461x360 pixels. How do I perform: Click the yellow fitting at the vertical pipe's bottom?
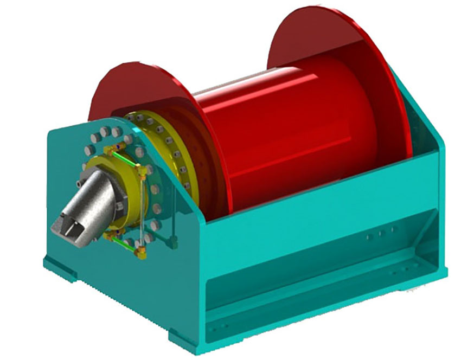point(143,250)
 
